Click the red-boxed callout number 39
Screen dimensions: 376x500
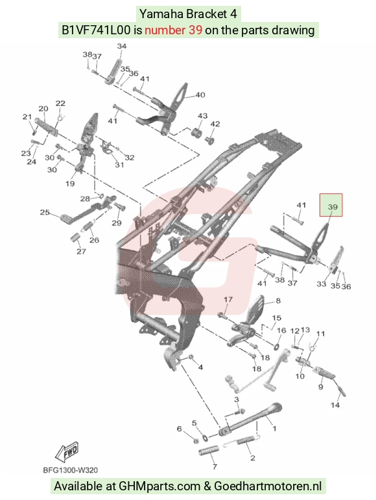tap(333, 207)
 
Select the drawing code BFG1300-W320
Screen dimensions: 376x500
tap(70, 470)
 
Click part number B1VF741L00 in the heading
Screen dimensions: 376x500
tap(96, 30)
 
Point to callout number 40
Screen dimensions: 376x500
tap(200, 94)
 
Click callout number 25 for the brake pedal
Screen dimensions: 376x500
tap(45, 212)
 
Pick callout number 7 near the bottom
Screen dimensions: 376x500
tap(215, 466)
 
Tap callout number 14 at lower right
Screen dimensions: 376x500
tap(335, 405)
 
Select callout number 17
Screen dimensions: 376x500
tap(228, 299)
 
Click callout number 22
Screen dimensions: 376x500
tap(60, 103)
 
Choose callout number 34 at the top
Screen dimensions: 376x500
tap(122, 46)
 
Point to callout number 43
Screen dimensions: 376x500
tap(202, 116)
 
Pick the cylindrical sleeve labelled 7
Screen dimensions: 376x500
tap(209, 451)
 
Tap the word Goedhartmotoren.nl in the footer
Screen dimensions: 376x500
tap(268, 486)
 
